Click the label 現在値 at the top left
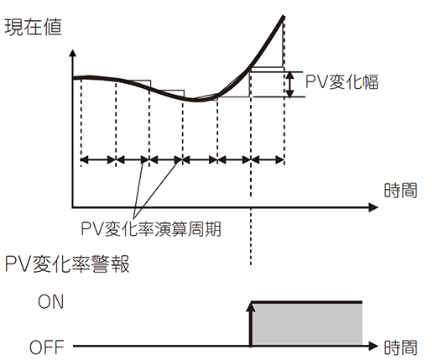point(33,27)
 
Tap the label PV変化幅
point(342,82)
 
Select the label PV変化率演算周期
point(151,228)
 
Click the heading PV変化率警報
point(67,263)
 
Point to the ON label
point(51,302)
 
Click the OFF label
point(47,347)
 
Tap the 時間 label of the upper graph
point(400,190)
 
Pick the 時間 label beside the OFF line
point(400,347)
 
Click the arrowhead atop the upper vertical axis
point(73,53)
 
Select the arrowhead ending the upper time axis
point(373,207)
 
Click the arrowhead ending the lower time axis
point(373,346)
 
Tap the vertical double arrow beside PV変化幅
point(290,85)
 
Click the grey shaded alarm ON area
point(307,324)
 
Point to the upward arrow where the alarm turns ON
point(251,325)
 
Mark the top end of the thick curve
point(284,17)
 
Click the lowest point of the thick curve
point(196,100)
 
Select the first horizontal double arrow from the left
point(98,160)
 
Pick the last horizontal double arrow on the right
point(268,160)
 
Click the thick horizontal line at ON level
point(307,302)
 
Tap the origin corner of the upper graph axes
point(73,207)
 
